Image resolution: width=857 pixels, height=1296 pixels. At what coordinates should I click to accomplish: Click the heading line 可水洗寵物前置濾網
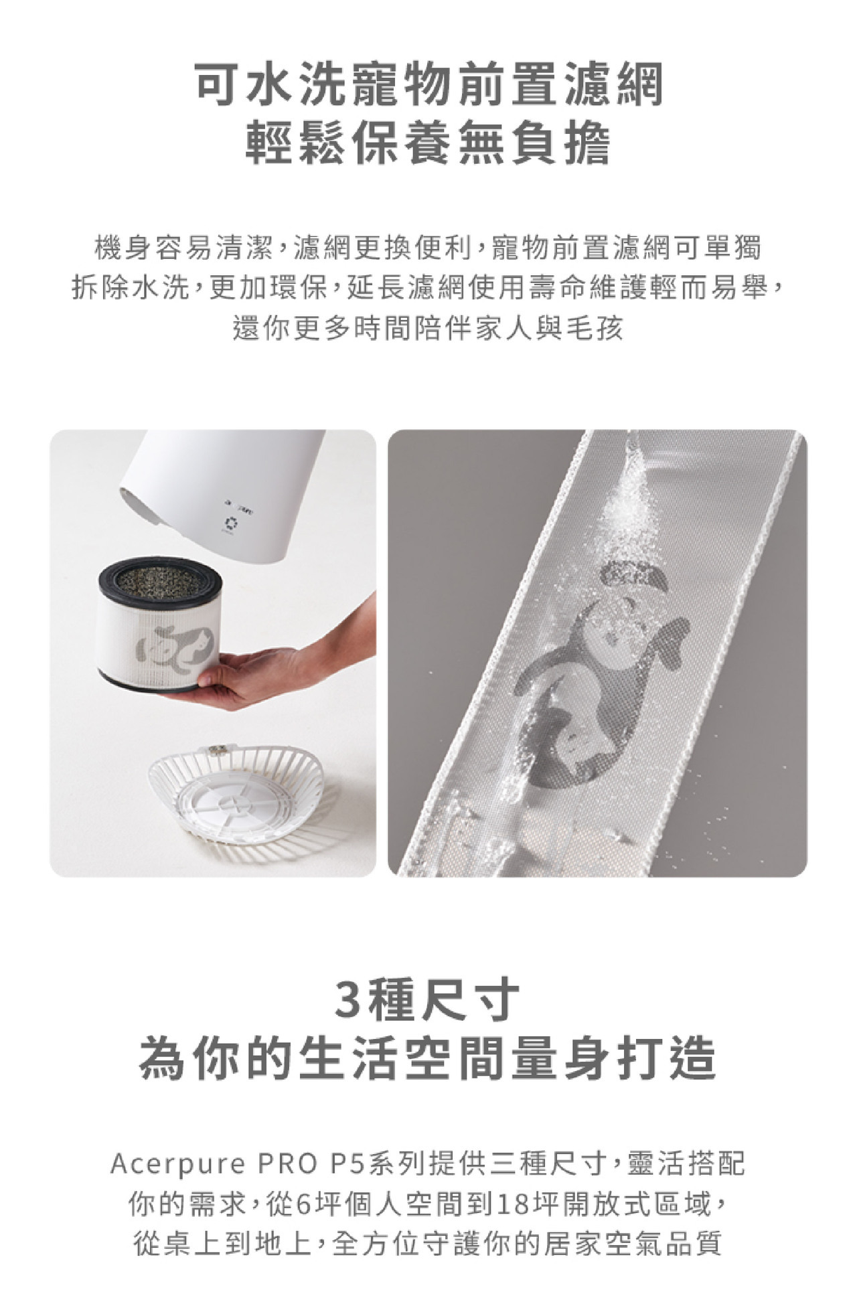(x=428, y=85)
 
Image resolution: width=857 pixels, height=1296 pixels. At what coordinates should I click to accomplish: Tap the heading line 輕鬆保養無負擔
(x=428, y=144)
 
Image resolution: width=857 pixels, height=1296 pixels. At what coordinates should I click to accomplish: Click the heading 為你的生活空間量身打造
(x=428, y=1059)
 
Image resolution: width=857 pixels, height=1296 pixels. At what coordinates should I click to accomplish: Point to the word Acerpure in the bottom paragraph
(x=178, y=1164)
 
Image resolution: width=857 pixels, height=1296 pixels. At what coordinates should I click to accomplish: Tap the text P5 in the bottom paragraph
(x=347, y=1164)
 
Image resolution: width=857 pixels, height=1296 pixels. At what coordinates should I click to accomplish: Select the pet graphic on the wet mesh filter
(x=596, y=676)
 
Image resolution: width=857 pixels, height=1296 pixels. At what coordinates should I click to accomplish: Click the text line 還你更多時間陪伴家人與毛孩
(x=428, y=329)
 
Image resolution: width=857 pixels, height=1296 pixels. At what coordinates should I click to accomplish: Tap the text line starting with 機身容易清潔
(x=428, y=248)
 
